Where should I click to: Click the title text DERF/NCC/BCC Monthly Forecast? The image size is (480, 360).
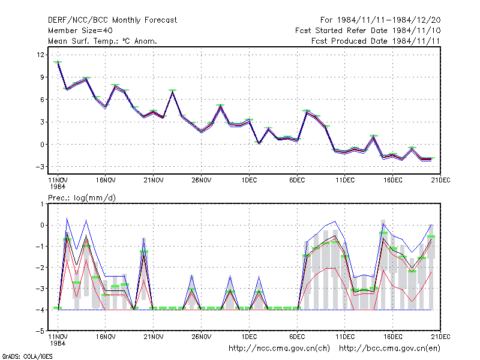tap(112, 20)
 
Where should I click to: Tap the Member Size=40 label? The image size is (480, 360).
tap(80, 31)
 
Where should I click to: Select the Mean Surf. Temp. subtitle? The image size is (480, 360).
tap(103, 41)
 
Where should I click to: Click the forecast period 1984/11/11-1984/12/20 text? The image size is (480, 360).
tap(380, 20)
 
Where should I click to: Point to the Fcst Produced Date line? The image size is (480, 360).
tap(376, 41)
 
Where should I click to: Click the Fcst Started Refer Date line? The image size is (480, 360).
tap(368, 31)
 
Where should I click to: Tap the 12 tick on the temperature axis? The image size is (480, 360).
tap(40, 55)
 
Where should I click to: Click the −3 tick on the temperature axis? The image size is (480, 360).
tap(40, 167)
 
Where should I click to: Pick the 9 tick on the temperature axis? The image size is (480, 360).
tap(42, 77)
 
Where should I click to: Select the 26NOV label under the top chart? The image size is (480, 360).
tap(202, 180)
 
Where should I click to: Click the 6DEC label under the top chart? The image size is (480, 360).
tap(297, 180)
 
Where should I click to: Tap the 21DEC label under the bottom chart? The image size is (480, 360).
tap(440, 337)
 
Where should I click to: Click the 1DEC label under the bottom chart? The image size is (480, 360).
tap(249, 337)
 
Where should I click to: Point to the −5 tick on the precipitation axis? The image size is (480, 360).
tap(40, 331)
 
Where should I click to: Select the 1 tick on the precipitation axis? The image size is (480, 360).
tap(43, 204)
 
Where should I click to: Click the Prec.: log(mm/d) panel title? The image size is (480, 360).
tap(82, 198)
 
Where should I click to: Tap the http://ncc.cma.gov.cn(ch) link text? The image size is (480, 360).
tap(279, 349)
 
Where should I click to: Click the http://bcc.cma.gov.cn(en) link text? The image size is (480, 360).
tap(389, 349)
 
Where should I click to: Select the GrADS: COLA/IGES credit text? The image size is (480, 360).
tap(27, 356)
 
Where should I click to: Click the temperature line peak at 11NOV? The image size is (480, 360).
tap(58, 62)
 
